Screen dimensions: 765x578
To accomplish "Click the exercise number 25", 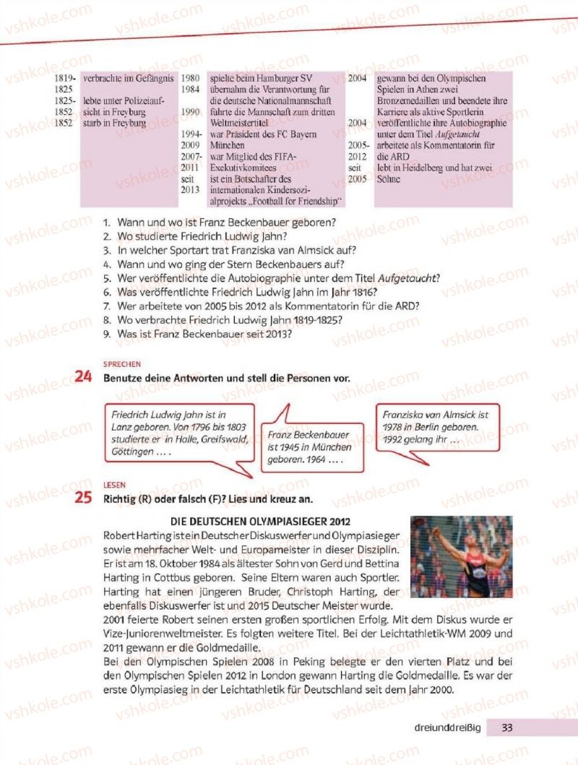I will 85,498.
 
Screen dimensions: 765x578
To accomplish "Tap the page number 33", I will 507,727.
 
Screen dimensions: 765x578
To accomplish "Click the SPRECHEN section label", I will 121,364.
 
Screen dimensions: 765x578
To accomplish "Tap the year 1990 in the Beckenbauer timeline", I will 191,112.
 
